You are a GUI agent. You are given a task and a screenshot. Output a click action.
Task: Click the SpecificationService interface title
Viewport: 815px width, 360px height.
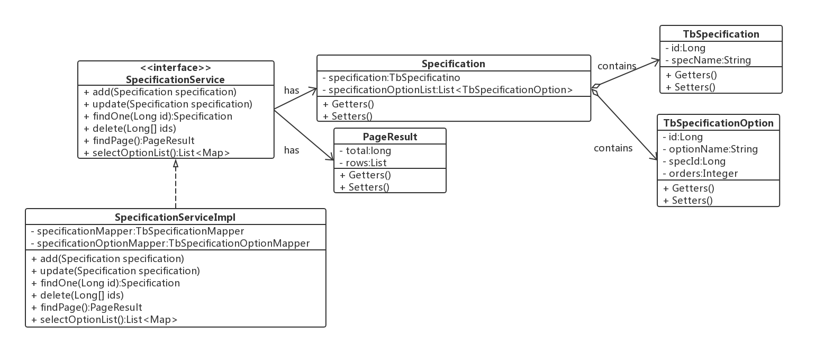point(175,80)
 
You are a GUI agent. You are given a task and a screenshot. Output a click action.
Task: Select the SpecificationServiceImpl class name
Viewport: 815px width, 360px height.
point(175,218)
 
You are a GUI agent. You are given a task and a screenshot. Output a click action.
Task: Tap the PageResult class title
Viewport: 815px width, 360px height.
point(390,137)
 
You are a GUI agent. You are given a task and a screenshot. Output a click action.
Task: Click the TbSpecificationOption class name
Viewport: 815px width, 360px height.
point(718,123)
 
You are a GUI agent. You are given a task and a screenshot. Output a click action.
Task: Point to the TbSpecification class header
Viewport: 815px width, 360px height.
point(721,34)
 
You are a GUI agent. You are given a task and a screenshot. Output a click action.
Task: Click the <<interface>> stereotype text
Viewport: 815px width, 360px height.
point(175,68)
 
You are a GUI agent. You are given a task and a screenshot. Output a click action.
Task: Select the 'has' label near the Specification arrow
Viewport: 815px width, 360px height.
point(292,91)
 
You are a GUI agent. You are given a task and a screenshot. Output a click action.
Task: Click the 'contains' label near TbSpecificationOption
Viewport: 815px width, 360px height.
point(613,148)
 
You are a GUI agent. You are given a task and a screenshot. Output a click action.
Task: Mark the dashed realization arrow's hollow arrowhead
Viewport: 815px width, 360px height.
point(176,164)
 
